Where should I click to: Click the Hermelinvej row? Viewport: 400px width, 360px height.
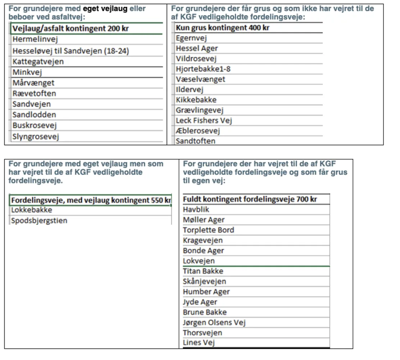pyautogui.click(x=35, y=39)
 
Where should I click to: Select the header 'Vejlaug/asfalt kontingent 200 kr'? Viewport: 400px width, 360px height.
pyautogui.click(x=71, y=28)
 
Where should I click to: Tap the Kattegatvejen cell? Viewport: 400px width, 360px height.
pyautogui.click(x=38, y=62)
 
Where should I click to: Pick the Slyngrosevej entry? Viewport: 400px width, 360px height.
pyautogui.click(x=36, y=136)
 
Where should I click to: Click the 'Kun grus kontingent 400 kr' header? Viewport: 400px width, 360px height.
pyautogui.click(x=223, y=28)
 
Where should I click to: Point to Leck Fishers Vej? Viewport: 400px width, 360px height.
pyautogui.click(x=204, y=121)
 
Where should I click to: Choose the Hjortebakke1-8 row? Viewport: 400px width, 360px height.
pyautogui.click(x=203, y=69)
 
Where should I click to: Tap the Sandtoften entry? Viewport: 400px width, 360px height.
pyautogui.click(x=196, y=141)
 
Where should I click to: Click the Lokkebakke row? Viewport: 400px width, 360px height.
pyautogui.click(x=32, y=210)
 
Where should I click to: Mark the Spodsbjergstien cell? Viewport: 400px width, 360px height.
pyautogui.click(x=39, y=220)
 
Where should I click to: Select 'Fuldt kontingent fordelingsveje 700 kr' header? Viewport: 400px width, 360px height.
pyautogui.click(x=250, y=199)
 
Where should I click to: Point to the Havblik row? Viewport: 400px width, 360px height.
pyautogui.click(x=196, y=209)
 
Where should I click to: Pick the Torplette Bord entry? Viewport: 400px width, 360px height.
pyautogui.click(x=209, y=230)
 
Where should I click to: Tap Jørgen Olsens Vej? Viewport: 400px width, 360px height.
pyautogui.click(x=214, y=323)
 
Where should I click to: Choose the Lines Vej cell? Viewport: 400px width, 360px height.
pyautogui.click(x=199, y=343)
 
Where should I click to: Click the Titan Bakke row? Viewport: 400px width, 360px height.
pyautogui.click(x=203, y=271)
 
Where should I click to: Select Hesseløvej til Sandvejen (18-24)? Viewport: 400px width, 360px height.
pyautogui.click(x=71, y=51)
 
